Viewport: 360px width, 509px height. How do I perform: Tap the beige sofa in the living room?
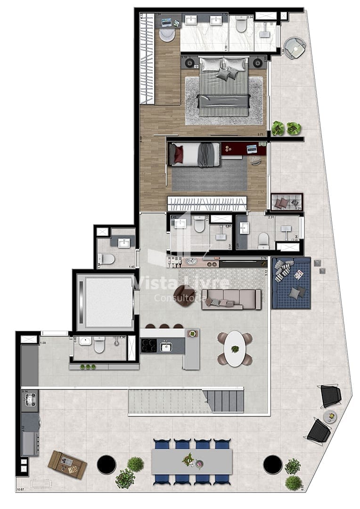tap(231, 299)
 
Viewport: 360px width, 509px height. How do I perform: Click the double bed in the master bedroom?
tap(224, 87)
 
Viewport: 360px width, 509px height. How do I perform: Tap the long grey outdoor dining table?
tap(191, 461)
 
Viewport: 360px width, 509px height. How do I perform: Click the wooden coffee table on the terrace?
tap(67, 464)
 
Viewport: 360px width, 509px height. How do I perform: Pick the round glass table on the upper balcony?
tap(295, 48)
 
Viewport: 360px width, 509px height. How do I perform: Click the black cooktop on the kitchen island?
tap(149, 346)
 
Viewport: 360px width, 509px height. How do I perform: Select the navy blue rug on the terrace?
tap(291, 283)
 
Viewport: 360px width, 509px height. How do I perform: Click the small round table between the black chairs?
tap(330, 416)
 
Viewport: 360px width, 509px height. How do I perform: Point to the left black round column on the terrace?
tap(106, 465)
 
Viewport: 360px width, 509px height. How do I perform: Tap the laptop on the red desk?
tap(252, 149)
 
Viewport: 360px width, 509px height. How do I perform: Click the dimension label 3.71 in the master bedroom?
tap(260, 135)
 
